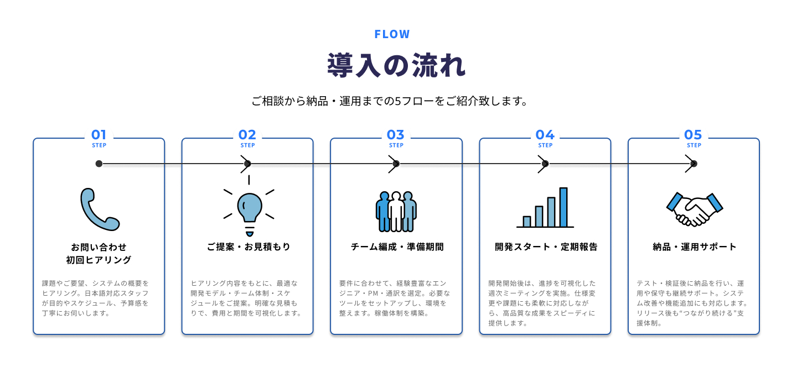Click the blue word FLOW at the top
click(x=392, y=34)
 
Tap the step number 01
click(x=99, y=135)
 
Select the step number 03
click(x=396, y=135)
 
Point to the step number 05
click(x=693, y=135)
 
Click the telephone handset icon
click(x=99, y=209)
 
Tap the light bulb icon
click(x=249, y=207)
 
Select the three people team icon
click(x=396, y=212)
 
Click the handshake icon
click(x=695, y=209)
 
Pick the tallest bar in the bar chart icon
click(x=563, y=207)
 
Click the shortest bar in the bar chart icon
click(x=527, y=221)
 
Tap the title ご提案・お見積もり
click(x=249, y=247)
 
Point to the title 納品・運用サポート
click(x=695, y=247)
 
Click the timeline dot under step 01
click(x=99, y=164)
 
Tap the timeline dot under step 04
click(x=545, y=164)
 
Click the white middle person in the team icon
click(x=396, y=213)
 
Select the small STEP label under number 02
click(x=248, y=146)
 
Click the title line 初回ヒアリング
click(x=99, y=260)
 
